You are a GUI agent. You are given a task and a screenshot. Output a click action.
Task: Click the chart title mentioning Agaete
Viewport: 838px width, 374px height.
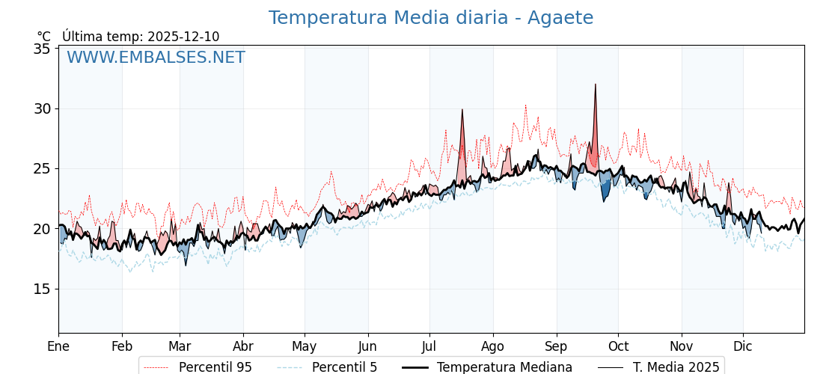430,18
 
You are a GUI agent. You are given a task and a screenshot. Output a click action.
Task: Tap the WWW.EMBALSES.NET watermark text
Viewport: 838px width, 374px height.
156,58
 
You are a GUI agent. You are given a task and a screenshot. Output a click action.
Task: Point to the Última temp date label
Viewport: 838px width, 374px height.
141,37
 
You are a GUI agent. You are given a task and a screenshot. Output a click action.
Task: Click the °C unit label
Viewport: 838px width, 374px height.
44,37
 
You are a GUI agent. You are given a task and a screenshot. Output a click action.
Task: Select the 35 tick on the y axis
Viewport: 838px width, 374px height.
42,49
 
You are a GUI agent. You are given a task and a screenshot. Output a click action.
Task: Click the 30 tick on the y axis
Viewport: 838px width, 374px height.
42,108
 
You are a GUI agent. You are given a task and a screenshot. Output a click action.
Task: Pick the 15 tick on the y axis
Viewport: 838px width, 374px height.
42,289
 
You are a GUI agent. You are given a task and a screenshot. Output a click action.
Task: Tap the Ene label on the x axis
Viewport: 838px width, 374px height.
58,346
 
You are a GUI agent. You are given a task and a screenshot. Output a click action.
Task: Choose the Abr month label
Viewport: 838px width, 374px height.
243,346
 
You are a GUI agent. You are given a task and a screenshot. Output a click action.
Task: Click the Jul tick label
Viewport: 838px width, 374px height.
429,346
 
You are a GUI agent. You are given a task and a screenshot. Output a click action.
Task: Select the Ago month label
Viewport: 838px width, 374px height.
493,346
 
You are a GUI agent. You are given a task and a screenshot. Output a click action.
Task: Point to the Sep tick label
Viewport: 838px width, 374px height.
556,346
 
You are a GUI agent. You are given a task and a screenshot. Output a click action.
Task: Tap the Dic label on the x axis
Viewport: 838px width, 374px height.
743,346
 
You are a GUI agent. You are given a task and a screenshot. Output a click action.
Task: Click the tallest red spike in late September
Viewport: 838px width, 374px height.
596,85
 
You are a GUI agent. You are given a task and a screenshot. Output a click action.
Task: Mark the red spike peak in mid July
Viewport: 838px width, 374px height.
462,111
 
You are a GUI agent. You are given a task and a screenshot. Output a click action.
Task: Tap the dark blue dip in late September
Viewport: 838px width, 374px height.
605,193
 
